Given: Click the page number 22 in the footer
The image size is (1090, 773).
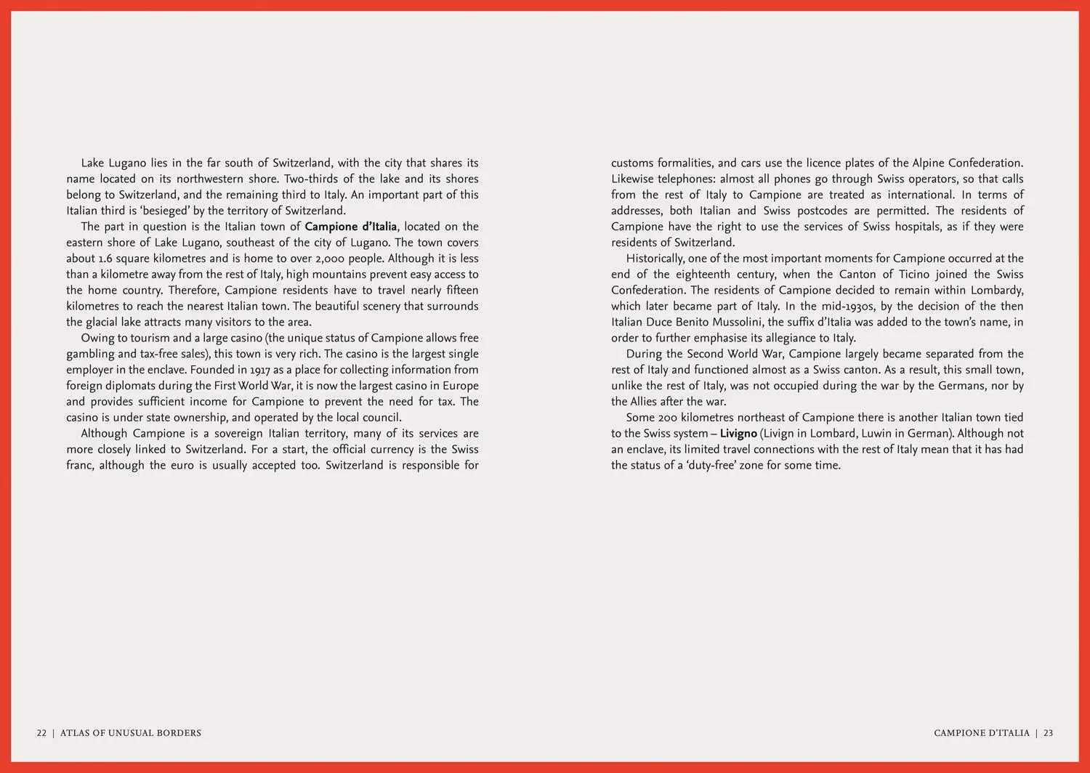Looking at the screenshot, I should [x=41, y=733].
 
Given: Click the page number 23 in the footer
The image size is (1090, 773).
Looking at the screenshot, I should [x=1049, y=733].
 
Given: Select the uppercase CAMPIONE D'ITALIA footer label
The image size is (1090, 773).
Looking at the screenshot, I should [x=982, y=733].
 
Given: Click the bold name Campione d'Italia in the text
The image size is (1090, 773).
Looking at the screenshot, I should [x=351, y=227].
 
